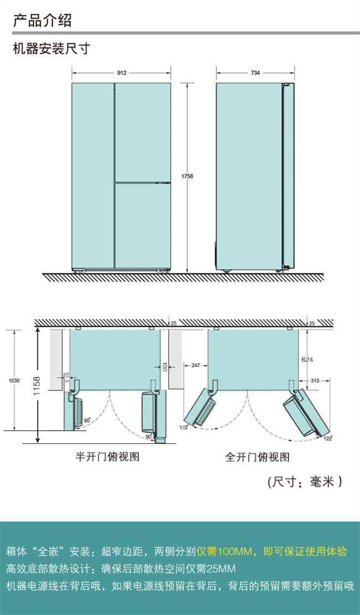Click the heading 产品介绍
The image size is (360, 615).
tap(42, 20)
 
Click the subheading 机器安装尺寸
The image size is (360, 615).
tap(51, 49)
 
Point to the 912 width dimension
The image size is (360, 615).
tap(122, 73)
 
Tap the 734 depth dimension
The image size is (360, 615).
tap(255, 73)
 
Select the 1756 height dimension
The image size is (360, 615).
tap(187, 177)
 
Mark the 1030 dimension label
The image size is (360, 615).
tap(14, 380)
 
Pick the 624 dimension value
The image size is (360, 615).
tap(307, 360)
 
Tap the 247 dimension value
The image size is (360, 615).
tap(194, 366)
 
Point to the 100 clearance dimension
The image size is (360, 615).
tap(164, 366)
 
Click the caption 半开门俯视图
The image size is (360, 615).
tap(107, 457)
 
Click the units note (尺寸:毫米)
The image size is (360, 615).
tap(305, 482)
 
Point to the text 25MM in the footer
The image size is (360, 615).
tap(220, 569)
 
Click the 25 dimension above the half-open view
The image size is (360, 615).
tap(173, 323)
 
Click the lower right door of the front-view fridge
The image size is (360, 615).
tap(142, 225)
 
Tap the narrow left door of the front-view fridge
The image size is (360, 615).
tap(92, 176)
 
